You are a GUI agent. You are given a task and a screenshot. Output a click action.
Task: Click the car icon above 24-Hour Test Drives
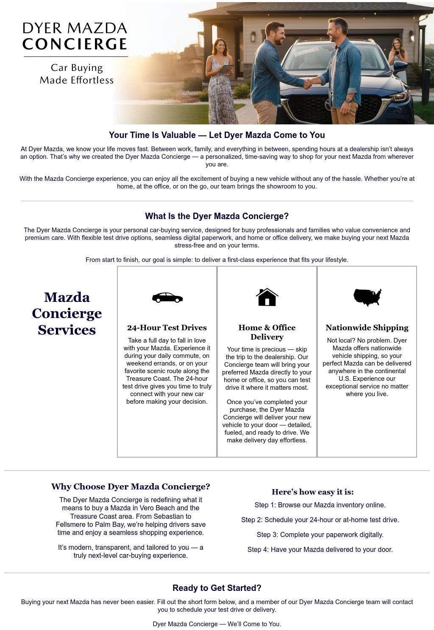pos(167,298)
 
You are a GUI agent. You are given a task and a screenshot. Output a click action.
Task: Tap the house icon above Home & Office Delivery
pos(267,297)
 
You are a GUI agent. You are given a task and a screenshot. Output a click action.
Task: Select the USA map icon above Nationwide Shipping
pos(367,297)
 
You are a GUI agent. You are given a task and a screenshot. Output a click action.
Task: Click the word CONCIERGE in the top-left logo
pos(75,44)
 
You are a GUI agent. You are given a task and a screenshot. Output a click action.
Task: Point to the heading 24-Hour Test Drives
pos(167,328)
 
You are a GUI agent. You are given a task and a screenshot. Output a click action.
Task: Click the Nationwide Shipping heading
pos(367,328)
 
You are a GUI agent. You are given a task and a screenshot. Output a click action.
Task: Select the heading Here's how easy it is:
pos(312,492)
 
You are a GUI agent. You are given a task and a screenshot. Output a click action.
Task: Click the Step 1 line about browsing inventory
pos(320,505)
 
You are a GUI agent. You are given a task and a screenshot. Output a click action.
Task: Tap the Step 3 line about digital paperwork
pos(320,535)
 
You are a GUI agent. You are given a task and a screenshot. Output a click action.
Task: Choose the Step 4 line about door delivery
pos(320,550)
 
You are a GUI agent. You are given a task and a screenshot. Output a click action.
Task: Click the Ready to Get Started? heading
pos(217,588)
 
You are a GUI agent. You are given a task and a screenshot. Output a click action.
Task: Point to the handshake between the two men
pos(308,83)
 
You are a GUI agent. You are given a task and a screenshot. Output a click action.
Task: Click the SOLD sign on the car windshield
pos(306,51)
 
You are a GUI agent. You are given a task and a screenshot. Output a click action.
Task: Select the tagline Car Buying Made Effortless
pos(77,74)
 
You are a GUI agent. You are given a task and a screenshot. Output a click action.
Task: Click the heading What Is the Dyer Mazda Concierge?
pos(217,216)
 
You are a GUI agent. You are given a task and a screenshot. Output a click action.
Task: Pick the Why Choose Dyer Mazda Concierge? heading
pos(131,487)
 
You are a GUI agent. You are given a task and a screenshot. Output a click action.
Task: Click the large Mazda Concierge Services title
pos(67,313)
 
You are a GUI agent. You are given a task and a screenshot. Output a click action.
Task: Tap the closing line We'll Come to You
pos(217,624)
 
